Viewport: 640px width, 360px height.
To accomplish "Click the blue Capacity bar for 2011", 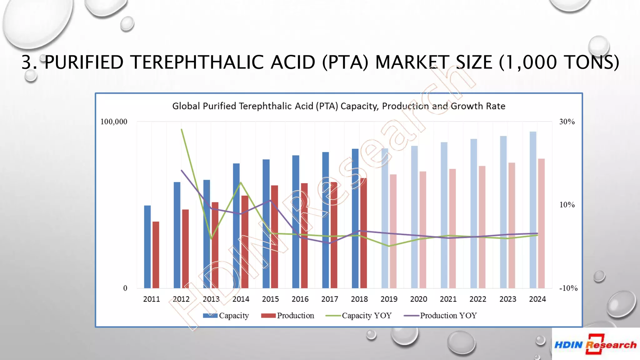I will pos(147,247).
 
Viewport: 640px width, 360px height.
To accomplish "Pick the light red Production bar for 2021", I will pos(452,228).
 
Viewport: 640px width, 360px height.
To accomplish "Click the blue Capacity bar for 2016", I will pos(296,222).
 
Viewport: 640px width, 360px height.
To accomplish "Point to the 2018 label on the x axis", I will pos(359,299).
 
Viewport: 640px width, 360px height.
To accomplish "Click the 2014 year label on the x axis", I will pos(241,299).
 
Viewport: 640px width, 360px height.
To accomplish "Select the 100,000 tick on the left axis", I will pos(114,122).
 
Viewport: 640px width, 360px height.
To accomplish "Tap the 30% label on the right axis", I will pos(567,122).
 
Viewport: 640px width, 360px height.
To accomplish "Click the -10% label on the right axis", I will pos(568,288).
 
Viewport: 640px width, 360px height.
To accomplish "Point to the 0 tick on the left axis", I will pos(125,288).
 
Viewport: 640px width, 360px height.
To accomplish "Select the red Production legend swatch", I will pos(268,316).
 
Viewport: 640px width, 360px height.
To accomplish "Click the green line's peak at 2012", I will pos(182,129).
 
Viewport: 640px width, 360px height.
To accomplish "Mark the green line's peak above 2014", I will pos(241,182).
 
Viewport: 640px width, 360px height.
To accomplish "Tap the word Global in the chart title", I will pos(186,106).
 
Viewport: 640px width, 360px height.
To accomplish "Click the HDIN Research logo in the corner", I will pos(596,344).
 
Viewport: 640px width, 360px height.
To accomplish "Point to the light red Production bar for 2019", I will pos(393,231).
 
